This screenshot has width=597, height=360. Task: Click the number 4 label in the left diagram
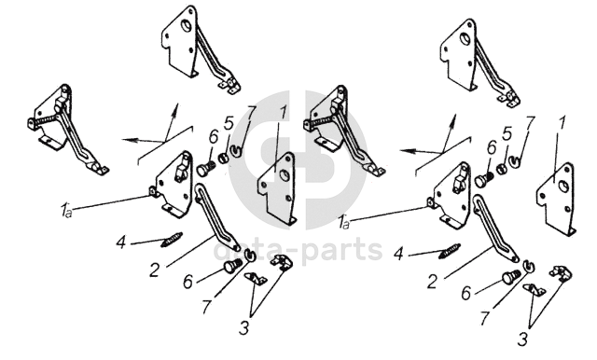point(121,242)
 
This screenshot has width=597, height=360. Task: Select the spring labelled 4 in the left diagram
point(172,240)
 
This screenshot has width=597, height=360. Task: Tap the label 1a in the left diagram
point(65,211)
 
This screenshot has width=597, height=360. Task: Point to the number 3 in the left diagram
point(243,327)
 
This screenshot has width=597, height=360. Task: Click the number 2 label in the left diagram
point(154,270)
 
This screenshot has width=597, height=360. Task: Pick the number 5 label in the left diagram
point(228,124)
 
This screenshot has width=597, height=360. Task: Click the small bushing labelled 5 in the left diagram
point(224,158)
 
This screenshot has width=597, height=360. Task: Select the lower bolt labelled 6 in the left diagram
point(232,265)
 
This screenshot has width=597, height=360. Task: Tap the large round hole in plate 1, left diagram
point(284,175)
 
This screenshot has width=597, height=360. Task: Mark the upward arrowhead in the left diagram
point(174,109)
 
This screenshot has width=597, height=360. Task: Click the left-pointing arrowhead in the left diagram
point(129,140)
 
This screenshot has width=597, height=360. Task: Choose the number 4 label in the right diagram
point(398,254)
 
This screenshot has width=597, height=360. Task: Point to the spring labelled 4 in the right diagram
point(450,251)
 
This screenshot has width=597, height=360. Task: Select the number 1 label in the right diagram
point(562,123)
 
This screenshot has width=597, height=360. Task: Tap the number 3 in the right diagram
point(522,339)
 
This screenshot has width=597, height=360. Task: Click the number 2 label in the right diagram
point(432,282)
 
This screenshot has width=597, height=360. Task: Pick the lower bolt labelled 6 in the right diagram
point(510,277)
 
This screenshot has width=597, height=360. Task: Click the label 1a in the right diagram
point(343,222)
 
